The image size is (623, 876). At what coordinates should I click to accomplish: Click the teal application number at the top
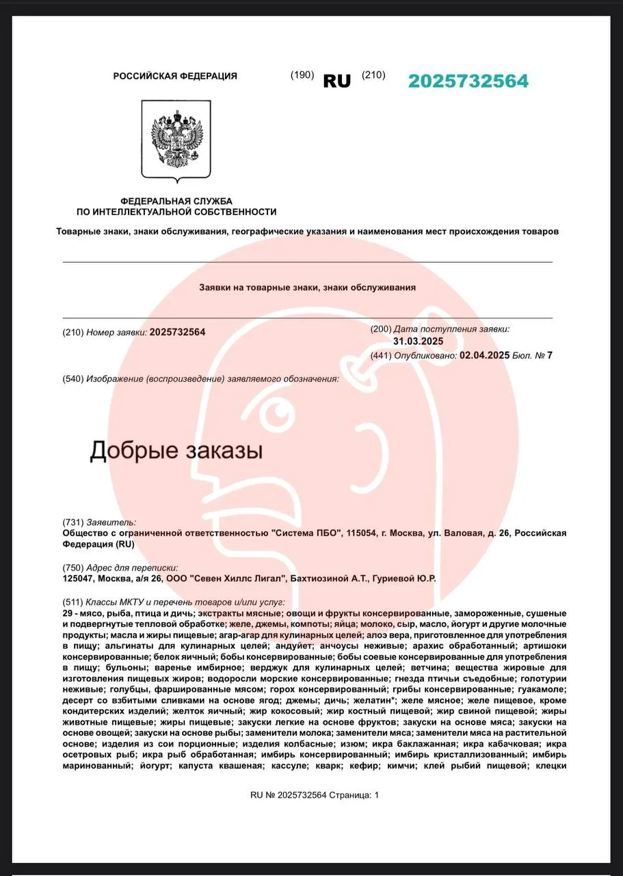(x=468, y=81)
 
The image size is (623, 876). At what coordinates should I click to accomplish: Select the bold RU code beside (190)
(x=336, y=81)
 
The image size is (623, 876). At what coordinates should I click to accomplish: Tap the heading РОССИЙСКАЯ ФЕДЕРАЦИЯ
(x=175, y=76)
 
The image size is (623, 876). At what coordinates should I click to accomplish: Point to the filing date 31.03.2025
(x=419, y=342)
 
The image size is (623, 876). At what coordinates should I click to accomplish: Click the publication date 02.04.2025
(x=485, y=355)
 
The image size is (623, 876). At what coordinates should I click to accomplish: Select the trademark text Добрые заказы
(x=176, y=450)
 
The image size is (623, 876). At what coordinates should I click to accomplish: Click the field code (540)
(x=72, y=379)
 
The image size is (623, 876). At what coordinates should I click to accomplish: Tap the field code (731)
(x=72, y=522)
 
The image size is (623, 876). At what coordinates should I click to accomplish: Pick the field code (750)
(x=72, y=567)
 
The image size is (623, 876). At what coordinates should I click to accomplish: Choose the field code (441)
(x=381, y=355)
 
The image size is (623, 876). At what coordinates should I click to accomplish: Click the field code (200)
(x=381, y=329)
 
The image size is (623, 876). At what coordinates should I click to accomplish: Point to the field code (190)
(x=302, y=75)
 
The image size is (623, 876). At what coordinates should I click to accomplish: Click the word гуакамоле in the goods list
(x=542, y=689)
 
